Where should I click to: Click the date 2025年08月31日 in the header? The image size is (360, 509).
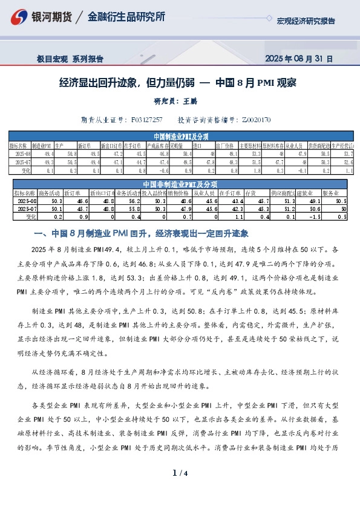(x=299, y=59)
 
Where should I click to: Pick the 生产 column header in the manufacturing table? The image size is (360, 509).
(x=60, y=146)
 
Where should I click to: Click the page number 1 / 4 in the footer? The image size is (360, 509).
(x=180, y=490)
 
